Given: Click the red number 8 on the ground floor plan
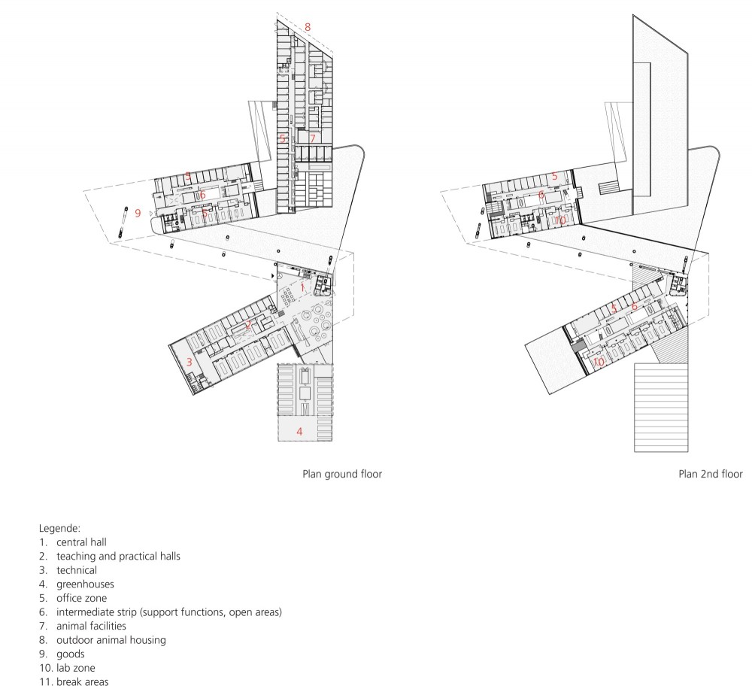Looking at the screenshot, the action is click(x=308, y=27).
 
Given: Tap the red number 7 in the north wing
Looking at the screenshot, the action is click(x=313, y=138).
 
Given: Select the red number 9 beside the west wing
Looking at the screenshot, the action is click(x=138, y=213).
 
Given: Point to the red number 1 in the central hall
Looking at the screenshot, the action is click(x=302, y=287).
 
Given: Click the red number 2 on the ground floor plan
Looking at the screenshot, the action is click(x=248, y=325).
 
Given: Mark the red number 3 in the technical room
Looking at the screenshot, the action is click(x=189, y=362).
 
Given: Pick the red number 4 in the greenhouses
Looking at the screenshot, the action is click(x=299, y=432).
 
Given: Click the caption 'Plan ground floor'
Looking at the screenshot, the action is click(x=342, y=474).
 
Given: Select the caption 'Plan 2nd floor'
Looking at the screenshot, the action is click(x=711, y=474).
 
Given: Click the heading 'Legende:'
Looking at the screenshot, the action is click(x=59, y=529).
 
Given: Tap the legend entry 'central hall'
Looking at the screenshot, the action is click(x=81, y=542).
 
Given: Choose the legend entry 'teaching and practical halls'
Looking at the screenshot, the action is click(x=119, y=556).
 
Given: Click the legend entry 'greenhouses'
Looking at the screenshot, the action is click(x=86, y=584).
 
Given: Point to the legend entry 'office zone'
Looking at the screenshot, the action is click(x=81, y=598).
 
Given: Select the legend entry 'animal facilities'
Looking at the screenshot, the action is click(x=91, y=626).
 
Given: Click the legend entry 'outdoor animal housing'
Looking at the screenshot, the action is click(x=111, y=640).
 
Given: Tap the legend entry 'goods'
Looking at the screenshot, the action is click(x=71, y=654).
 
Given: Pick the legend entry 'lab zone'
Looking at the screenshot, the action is click(x=76, y=668).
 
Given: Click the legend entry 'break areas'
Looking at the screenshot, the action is click(x=83, y=681).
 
